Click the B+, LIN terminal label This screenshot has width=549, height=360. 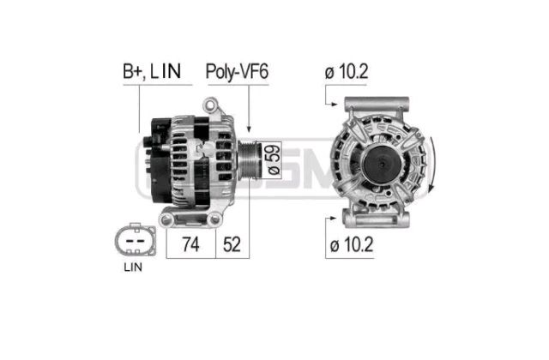pyautogui.click(x=152, y=72)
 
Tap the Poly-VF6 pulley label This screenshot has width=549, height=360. pyautogui.click(x=237, y=72)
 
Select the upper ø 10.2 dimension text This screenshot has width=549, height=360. pyautogui.click(x=347, y=72)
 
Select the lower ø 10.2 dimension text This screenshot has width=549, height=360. pyautogui.click(x=352, y=244)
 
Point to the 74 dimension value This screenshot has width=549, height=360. pyautogui.click(x=190, y=244)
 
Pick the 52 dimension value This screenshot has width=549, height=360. pyautogui.click(x=232, y=244)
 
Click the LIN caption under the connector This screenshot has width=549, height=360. pyautogui.click(x=133, y=267)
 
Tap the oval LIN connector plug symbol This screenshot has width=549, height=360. pyautogui.click(x=136, y=241)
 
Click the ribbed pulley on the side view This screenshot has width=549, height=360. pyautogui.click(x=250, y=160)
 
